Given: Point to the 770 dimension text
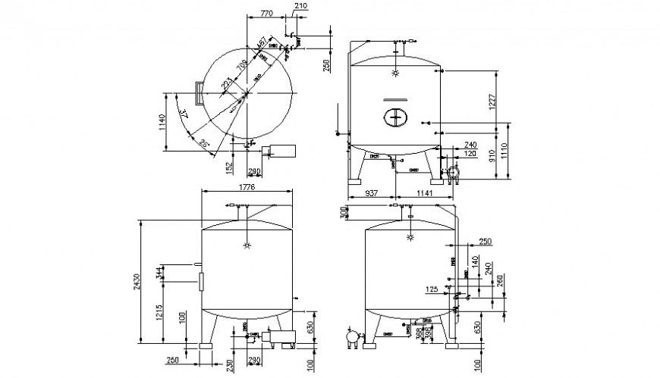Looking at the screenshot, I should click(x=266, y=14).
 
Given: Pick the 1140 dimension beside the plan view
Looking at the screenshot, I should click(x=161, y=123).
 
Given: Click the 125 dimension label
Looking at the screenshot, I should click(x=432, y=289).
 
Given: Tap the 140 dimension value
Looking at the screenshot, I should click(x=476, y=261).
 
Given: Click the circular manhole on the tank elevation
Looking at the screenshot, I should click(x=394, y=117).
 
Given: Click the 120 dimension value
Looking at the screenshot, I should click(x=471, y=153).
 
